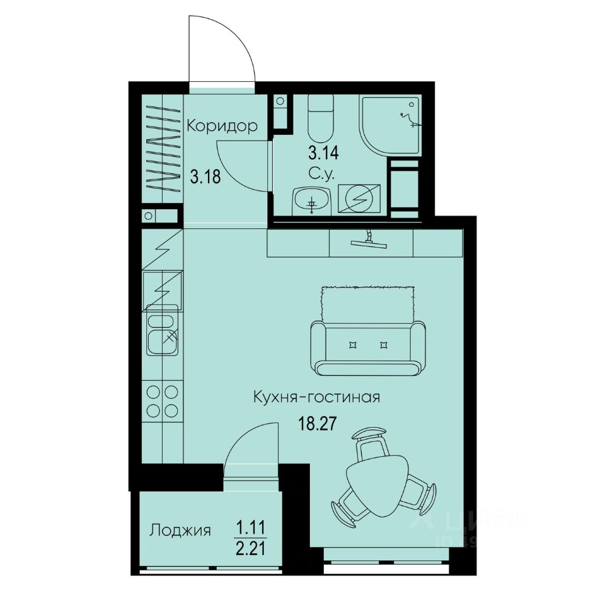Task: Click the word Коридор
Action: coord(222,126)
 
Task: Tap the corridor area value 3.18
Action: coord(205,177)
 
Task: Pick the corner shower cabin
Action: coord(389,125)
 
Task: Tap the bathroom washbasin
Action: coord(311,200)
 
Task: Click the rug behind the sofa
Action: coord(368,302)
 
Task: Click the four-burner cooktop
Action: coord(162,401)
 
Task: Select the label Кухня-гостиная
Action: coord(316,398)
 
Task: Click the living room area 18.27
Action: coord(315,423)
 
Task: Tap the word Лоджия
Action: coord(180,530)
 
